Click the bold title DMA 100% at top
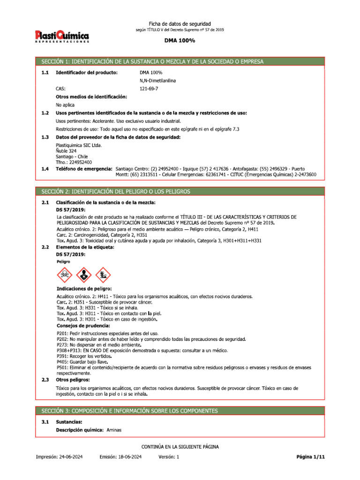[180, 41]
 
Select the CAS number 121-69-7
[149, 88]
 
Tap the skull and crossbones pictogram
[65, 275]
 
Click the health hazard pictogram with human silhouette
[82, 275]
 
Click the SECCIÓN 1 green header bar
[180, 61]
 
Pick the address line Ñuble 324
[66, 151]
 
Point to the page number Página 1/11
[310, 457]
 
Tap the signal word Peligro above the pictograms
[63, 262]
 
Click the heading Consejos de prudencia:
[83, 325]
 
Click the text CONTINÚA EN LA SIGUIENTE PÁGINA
[180, 447]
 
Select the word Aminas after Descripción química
[114, 429]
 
